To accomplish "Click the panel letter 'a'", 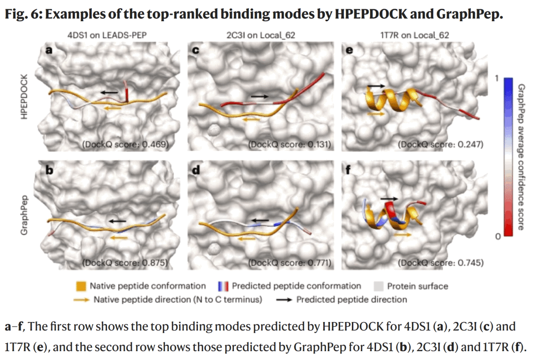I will (49, 49).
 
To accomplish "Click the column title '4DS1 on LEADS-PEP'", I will (108, 35).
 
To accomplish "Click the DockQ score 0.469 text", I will (125, 144).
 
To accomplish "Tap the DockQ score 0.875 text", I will (125, 263).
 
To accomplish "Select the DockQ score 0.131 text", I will (289, 144).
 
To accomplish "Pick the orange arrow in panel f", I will (403, 235).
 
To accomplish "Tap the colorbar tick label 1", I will (496, 79).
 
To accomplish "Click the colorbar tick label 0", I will (497, 237).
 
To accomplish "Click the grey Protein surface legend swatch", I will (379, 286).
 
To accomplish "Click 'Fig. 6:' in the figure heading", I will (23, 14).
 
